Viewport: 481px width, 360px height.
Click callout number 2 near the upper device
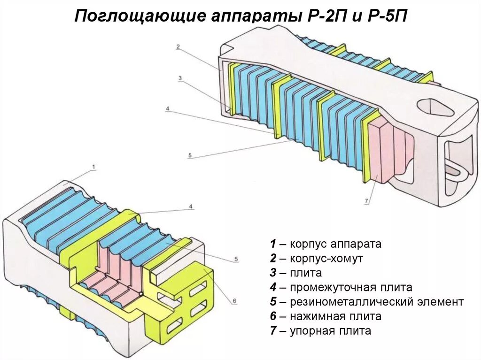coord(178,46)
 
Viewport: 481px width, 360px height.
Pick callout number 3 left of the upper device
coord(179,78)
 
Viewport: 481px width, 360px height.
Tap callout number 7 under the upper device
coord(366,201)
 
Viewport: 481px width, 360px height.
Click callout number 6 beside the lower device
coord(234,301)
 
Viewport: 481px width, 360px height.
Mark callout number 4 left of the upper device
coord(167,109)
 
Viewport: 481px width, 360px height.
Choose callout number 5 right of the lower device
coord(236,259)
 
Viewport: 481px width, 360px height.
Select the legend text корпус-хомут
coord(326,259)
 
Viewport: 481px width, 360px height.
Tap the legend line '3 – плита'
coord(296,273)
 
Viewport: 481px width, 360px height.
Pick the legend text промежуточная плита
coord(351,287)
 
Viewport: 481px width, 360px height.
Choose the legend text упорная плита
coord(330,331)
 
